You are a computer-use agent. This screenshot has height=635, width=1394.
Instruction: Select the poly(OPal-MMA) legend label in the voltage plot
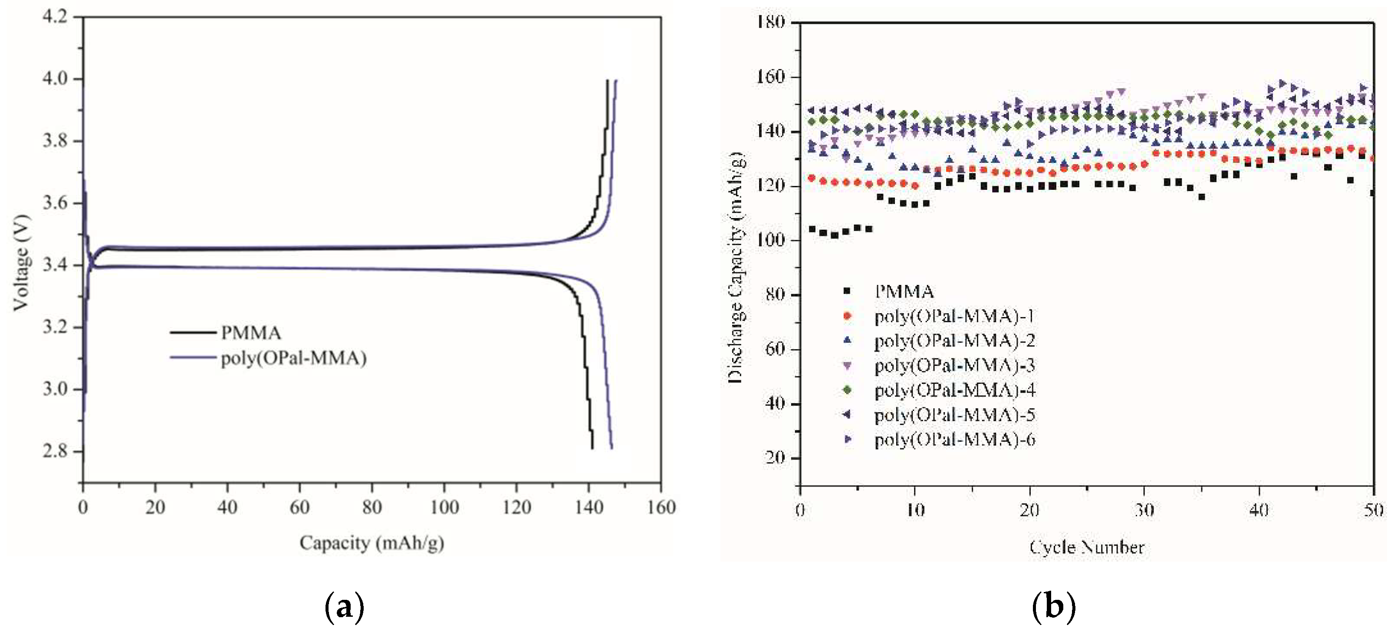click(x=293, y=358)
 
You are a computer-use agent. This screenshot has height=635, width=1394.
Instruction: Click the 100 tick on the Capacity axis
click(x=444, y=507)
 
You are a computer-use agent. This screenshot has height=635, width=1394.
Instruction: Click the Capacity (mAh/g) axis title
click(x=372, y=542)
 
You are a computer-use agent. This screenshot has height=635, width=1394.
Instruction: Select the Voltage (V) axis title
click(x=22, y=263)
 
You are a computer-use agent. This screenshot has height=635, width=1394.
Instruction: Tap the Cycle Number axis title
click(x=1087, y=547)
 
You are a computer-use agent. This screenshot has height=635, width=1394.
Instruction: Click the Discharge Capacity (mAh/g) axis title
click(x=736, y=268)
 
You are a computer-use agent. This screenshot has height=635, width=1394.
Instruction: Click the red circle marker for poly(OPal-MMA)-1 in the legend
click(x=848, y=316)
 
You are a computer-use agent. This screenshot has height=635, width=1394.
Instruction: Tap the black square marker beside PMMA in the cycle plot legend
click(x=848, y=291)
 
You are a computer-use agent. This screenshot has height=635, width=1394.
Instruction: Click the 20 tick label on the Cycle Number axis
click(x=1029, y=510)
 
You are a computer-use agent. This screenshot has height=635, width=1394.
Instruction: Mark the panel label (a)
click(x=344, y=607)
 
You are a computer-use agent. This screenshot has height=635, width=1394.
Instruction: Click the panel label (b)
click(x=1053, y=607)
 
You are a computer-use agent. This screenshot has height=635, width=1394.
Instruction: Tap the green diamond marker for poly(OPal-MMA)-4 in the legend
click(x=848, y=390)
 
